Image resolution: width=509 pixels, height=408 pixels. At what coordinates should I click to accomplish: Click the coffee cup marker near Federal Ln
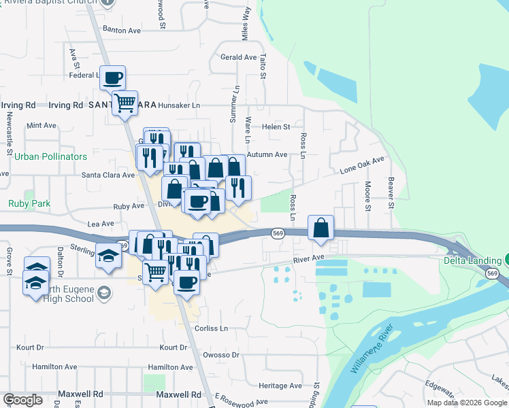[x=113, y=77]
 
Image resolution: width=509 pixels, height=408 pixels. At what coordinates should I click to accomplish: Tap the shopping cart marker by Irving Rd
[x=125, y=103]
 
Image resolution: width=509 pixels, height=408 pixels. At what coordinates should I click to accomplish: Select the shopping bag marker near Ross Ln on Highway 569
[x=321, y=228]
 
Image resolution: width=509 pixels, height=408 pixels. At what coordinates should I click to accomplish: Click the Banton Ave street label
[x=121, y=30]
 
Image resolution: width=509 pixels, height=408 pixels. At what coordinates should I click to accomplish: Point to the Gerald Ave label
[x=238, y=57]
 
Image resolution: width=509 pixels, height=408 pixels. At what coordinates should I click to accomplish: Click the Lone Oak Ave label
[x=363, y=164]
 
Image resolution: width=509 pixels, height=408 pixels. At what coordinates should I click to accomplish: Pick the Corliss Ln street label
[x=211, y=328]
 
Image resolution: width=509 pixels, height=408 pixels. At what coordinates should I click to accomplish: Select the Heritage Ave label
[x=280, y=386]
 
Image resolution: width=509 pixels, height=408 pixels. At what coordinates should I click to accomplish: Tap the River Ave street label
[x=309, y=258]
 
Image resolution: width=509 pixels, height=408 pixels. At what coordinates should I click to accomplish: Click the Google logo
[x=22, y=399]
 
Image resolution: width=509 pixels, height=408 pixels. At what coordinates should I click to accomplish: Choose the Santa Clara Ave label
[x=108, y=175]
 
